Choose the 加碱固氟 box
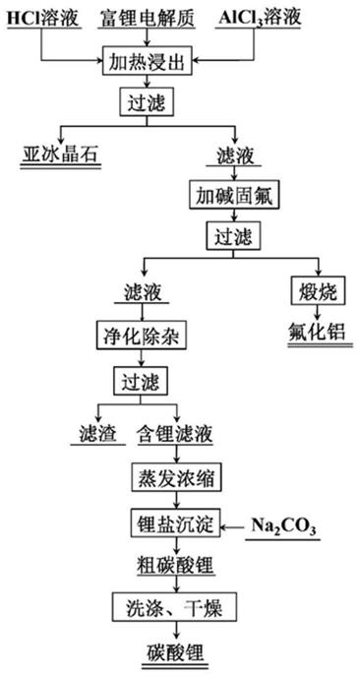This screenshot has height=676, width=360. (235, 195)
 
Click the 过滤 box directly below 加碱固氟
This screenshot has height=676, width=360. (235, 235)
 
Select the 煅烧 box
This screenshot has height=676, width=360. (315, 291)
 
